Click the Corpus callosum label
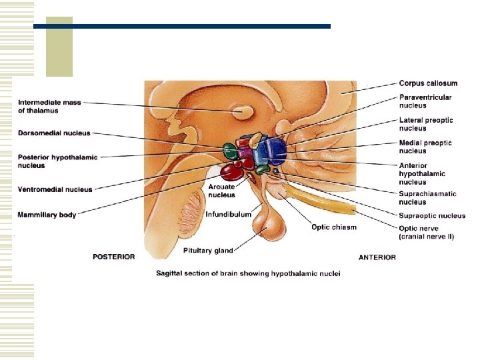(428, 83)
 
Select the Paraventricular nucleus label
(425, 101)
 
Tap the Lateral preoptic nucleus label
(425, 124)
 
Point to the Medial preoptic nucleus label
(425, 147)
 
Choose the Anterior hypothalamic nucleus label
(422, 173)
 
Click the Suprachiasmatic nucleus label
(427, 198)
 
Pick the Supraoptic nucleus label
(432, 215)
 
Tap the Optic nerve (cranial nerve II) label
(427, 233)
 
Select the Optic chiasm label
(333, 227)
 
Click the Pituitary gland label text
(208, 251)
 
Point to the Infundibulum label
(228, 215)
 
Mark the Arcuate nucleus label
(221, 191)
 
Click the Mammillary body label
(47, 215)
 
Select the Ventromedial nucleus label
(55, 190)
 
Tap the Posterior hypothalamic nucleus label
(57, 161)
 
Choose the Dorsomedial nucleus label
(54, 133)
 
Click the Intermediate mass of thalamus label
(49, 107)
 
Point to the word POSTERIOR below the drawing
(113, 257)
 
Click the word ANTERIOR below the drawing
(377, 257)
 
